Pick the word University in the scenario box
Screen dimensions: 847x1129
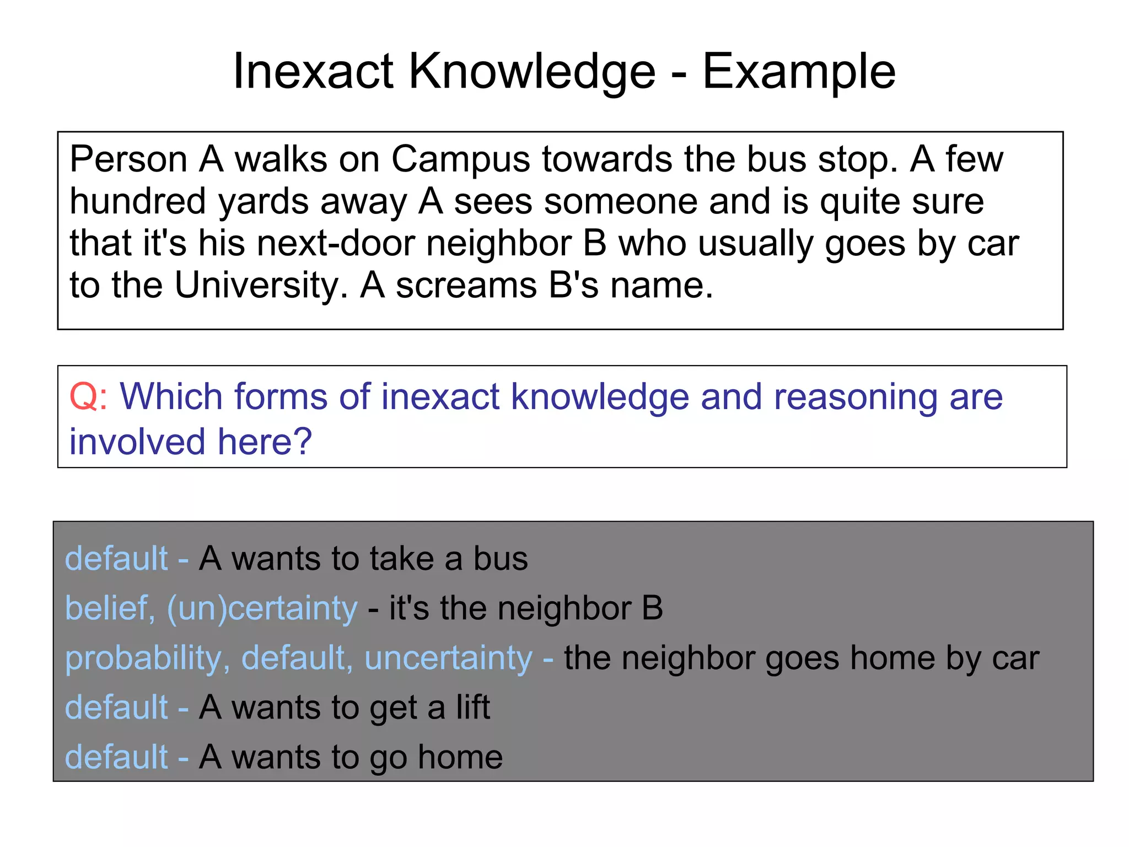[261, 285]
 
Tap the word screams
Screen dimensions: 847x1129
[466, 285]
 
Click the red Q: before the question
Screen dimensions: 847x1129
[88, 396]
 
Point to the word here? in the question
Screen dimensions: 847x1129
[265, 442]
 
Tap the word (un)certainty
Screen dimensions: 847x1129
[262, 609]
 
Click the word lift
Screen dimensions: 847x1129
[472, 707]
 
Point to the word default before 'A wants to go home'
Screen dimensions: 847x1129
[116, 757]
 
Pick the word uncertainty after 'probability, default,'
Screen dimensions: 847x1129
[448, 658]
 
